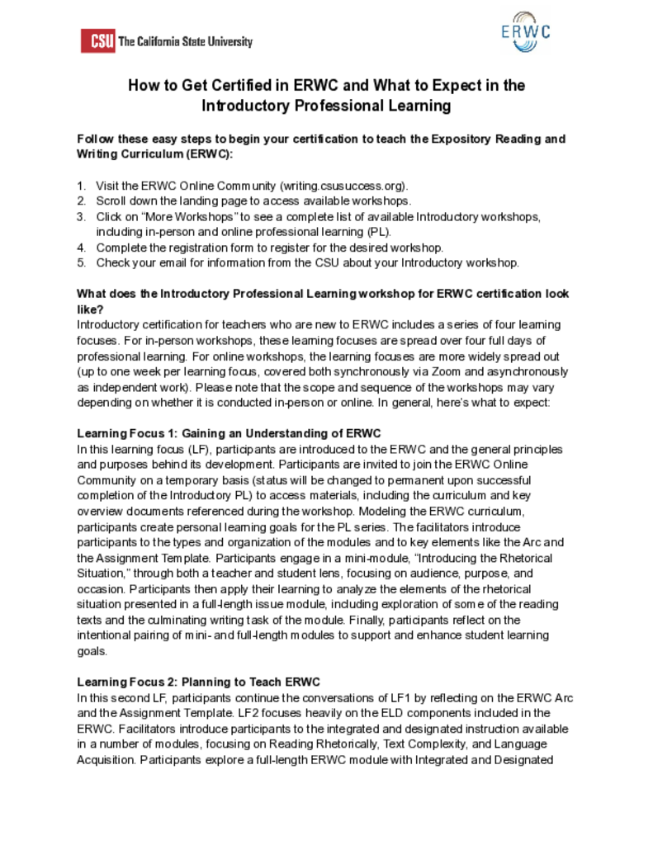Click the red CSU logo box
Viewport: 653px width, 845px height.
coord(97,40)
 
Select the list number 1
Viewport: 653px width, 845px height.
coord(81,186)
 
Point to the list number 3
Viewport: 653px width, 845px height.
coord(81,217)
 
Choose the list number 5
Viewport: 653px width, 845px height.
coord(81,263)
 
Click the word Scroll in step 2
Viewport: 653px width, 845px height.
coord(111,201)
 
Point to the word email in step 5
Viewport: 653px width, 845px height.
coord(187,263)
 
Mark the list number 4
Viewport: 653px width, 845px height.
coord(81,248)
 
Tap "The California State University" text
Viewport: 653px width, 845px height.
coord(186,41)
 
